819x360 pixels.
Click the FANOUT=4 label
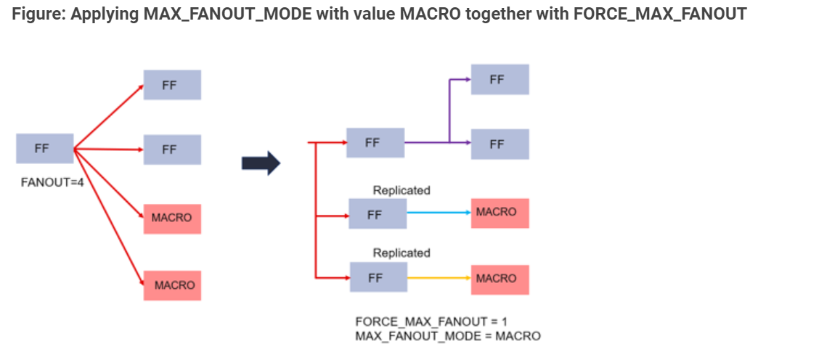tap(52, 182)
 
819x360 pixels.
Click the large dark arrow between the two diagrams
tap(261, 163)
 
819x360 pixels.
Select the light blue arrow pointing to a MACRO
tap(439, 213)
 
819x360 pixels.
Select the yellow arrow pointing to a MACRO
tap(439, 278)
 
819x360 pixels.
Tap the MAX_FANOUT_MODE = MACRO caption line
tap(447, 336)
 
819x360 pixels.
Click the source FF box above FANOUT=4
tap(44, 148)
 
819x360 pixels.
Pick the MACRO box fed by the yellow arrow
tap(500, 279)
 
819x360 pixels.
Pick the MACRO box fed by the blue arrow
tap(500, 213)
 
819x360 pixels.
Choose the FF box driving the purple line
tap(375, 143)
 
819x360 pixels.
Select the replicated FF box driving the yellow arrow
tap(378, 278)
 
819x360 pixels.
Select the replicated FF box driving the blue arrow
tap(378, 214)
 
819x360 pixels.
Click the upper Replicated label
tap(402, 190)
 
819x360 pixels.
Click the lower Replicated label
tap(402, 253)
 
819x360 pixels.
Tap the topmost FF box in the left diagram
tap(172, 85)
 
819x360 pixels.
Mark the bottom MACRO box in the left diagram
tap(172, 285)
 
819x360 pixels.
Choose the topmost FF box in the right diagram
tap(500, 79)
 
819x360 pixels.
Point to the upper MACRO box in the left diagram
tap(172, 218)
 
